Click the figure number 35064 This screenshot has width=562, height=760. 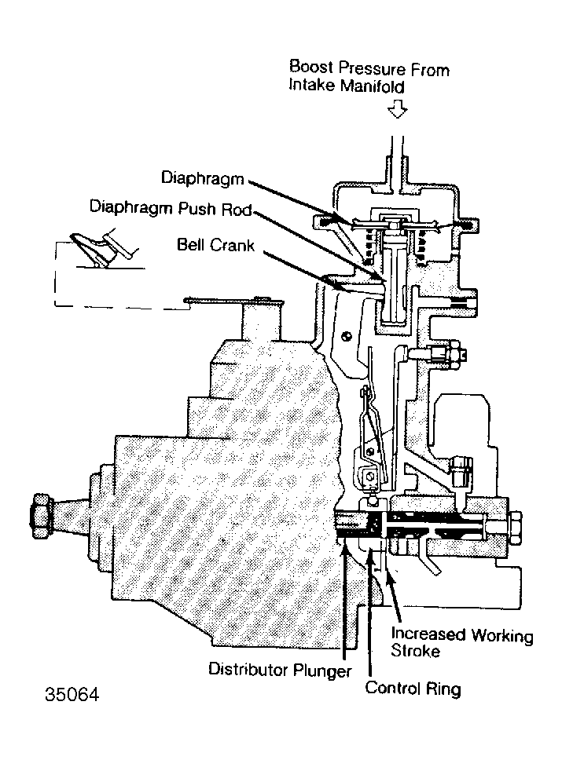point(72,694)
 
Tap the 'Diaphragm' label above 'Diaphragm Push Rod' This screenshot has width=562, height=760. point(202,178)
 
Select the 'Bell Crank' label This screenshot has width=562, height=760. point(215,244)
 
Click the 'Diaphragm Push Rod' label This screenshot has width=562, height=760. point(171,208)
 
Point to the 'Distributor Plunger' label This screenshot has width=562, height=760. point(280,670)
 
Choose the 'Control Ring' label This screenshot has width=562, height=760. point(413,688)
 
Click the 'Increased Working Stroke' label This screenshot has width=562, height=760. point(462,641)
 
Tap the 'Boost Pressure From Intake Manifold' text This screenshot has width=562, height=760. point(369,76)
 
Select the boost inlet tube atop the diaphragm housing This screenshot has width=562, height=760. point(398,160)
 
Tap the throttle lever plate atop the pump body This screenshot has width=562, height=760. point(233,301)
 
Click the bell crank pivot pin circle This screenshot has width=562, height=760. point(345,336)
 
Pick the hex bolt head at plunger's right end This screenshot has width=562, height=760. point(516,528)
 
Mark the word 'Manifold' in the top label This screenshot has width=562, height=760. point(373,86)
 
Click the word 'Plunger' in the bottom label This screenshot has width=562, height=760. point(321,670)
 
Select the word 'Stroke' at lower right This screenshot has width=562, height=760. point(416,650)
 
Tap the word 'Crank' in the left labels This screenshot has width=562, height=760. point(235,245)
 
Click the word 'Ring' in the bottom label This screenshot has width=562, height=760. point(443,689)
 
